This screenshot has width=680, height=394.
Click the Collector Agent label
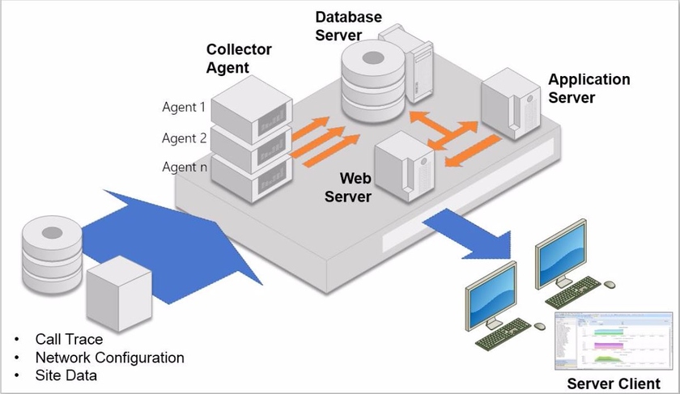pos(239,58)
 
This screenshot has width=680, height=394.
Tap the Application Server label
pos(589,89)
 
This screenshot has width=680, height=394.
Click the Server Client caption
pos(613,383)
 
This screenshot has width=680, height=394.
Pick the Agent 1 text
pos(184,107)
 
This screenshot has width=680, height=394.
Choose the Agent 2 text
pos(184,138)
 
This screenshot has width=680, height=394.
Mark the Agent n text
pos(184,167)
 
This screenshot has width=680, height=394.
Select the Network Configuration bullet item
pos(109,358)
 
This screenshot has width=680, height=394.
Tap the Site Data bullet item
pos(66,375)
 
